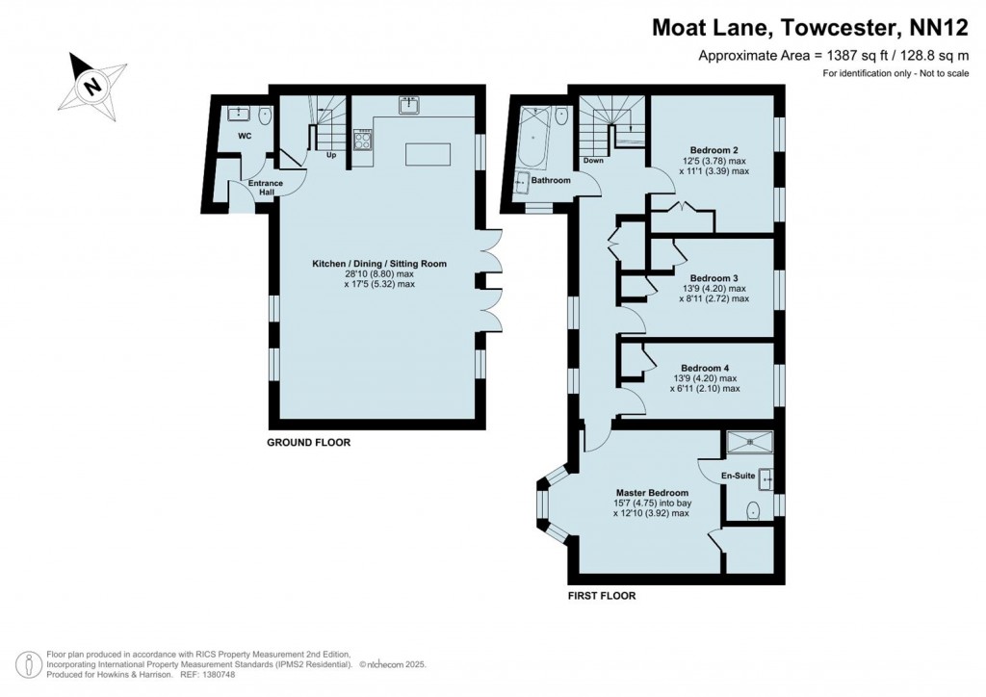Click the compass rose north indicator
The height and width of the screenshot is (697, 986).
click(92, 85)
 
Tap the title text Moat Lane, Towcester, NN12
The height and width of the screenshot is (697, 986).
click(809, 29)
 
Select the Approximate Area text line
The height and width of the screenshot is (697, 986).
click(833, 56)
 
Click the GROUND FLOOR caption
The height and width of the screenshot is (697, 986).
click(308, 443)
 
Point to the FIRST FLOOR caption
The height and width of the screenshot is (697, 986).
click(601, 596)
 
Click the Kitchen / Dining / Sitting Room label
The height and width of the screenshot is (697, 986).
click(378, 263)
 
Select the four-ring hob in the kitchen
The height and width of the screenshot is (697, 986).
click(364, 142)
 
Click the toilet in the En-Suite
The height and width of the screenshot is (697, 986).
click(753, 509)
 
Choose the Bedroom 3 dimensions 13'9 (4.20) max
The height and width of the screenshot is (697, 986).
click(713, 288)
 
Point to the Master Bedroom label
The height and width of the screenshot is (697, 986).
click(652, 492)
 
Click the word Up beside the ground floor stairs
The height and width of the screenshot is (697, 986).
click(331, 155)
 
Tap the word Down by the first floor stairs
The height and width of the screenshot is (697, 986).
click(593, 161)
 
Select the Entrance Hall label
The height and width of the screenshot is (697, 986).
click(266, 188)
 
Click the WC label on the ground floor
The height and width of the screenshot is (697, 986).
click(245, 136)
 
